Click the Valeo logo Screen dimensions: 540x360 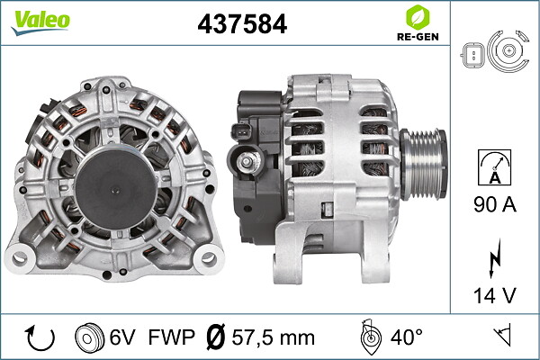(40, 22)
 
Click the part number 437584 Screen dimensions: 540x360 (242, 23)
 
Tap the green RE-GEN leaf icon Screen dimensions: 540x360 (418, 17)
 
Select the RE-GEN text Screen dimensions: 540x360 (418, 37)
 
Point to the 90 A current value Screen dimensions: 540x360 (495, 204)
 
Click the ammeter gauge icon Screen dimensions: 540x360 (494, 167)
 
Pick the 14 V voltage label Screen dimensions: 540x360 (495, 295)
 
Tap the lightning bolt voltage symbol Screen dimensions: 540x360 (494, 257)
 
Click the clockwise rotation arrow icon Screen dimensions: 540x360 (40, 337)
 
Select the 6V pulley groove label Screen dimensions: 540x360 (122, 337)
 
